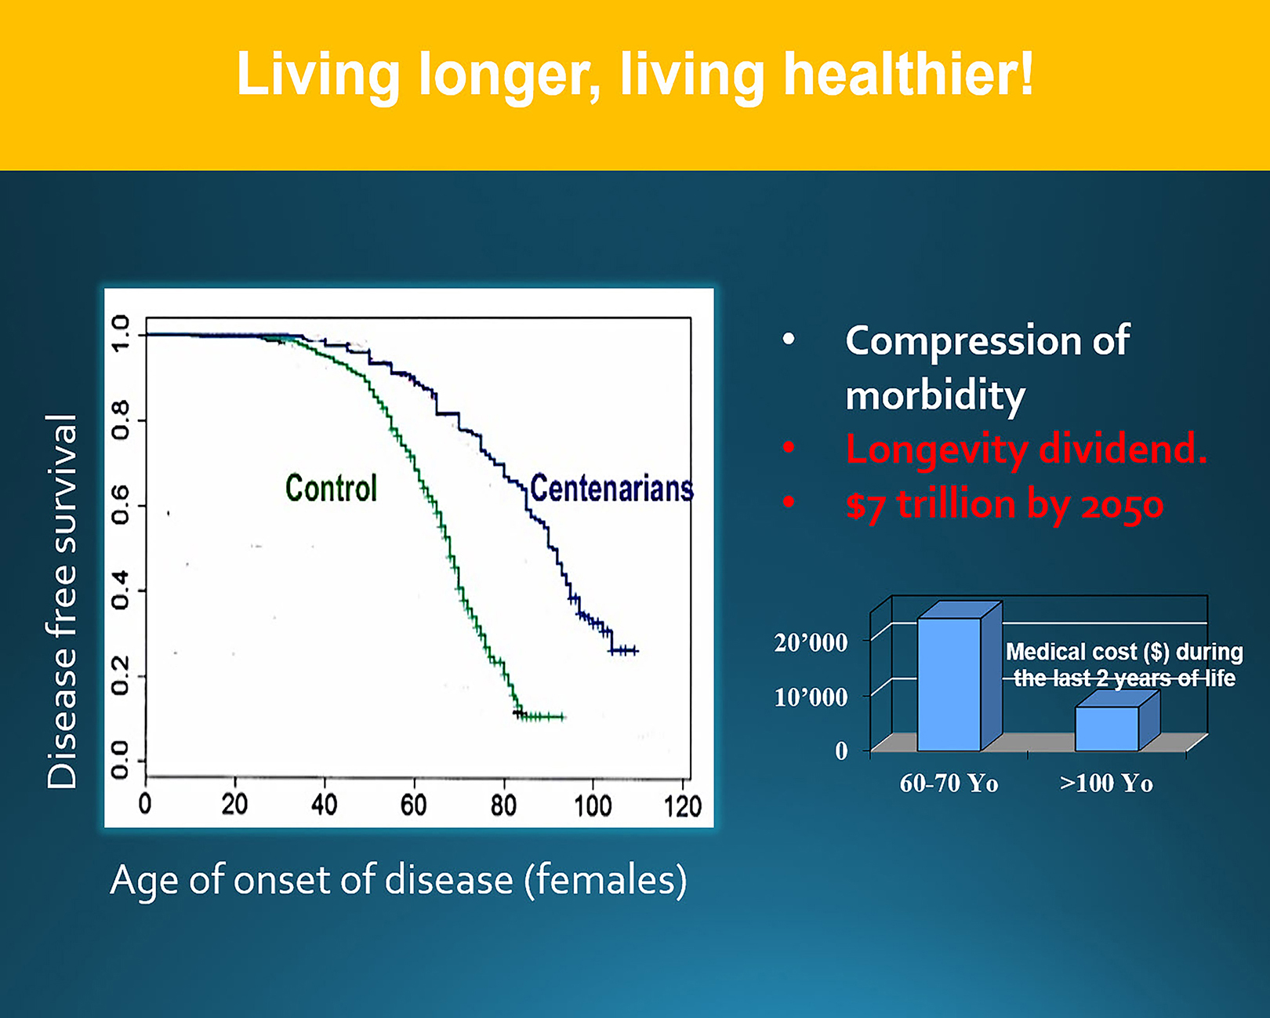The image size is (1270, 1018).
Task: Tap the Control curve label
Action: [331, 488]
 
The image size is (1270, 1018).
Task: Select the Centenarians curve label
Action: [611, 489]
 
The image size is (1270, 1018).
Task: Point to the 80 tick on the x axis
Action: [503, 805]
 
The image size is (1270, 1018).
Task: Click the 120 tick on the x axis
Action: [682, 805]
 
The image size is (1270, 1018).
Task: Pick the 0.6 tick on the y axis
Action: [120, 505]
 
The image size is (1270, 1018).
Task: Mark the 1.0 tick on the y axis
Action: [120, 334]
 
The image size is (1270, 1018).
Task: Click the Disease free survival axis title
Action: [63, 602]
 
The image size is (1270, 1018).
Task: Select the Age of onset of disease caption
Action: [398, 880]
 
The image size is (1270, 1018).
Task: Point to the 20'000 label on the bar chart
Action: [811, 643]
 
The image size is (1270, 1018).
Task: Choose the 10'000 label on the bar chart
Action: [811, 697]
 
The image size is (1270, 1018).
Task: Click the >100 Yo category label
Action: [1106, 783]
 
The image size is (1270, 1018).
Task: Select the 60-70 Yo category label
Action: [949, 783]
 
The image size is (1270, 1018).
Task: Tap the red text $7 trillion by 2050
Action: [1004, 504]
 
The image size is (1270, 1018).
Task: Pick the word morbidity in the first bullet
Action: [935, 394]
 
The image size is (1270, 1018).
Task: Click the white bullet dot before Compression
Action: [789, 340]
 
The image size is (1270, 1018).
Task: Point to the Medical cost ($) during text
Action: [1124, 652]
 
